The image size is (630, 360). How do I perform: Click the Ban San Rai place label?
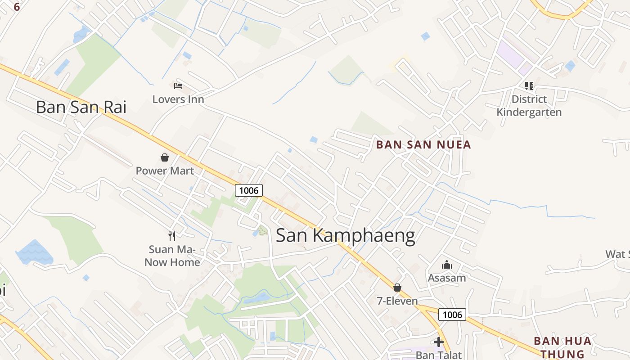(x=81, y=107)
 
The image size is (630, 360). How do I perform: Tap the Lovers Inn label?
(x=178, y=99)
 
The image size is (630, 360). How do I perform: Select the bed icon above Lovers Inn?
(x=178, y=85)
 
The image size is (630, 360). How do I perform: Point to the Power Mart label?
(x=165, y=171)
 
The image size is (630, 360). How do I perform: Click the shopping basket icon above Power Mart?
(x=165, y=157)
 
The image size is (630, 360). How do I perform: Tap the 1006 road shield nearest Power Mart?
(x=249, y=190)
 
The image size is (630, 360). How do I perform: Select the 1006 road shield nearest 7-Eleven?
(x=452, y=315)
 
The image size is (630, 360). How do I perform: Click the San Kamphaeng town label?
(x=345, y=235)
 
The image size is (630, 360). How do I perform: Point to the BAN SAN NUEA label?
(x=423, y=144)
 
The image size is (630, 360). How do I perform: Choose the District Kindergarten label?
(x=529, y=105)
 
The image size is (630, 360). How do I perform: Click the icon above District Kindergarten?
(x=529, y=85)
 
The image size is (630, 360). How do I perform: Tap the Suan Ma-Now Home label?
(x=172, y=256)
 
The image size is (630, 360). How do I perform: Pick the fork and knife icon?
(x=171, y=236)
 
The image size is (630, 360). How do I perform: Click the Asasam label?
(x=446, y=278)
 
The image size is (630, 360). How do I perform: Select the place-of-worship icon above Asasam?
(x=446, y=265)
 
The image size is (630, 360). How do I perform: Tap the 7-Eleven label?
(x=397, y=301)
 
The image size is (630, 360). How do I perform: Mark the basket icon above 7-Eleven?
(x=397, y=288)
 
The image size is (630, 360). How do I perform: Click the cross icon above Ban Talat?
(x=439, y=342)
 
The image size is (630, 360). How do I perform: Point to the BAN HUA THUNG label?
(x=562, y=347)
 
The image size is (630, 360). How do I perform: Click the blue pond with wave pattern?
(x=34, y=252)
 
